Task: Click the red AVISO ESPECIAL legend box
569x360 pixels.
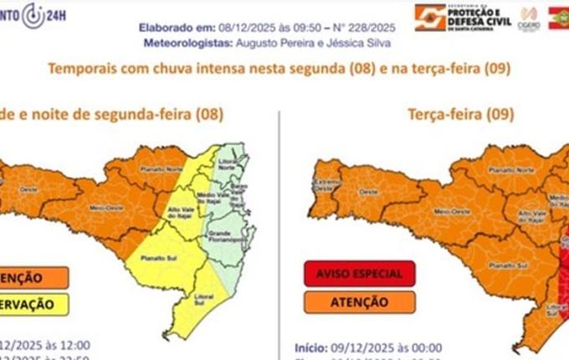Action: point(358,274)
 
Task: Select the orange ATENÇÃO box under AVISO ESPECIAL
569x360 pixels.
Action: point(358,301)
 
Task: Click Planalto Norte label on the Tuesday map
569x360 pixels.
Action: point(502,168)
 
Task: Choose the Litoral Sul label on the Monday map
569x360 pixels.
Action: point(198,297)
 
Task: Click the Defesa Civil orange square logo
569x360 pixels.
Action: point(431,17)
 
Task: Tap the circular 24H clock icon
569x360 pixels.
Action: point(34,13)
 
